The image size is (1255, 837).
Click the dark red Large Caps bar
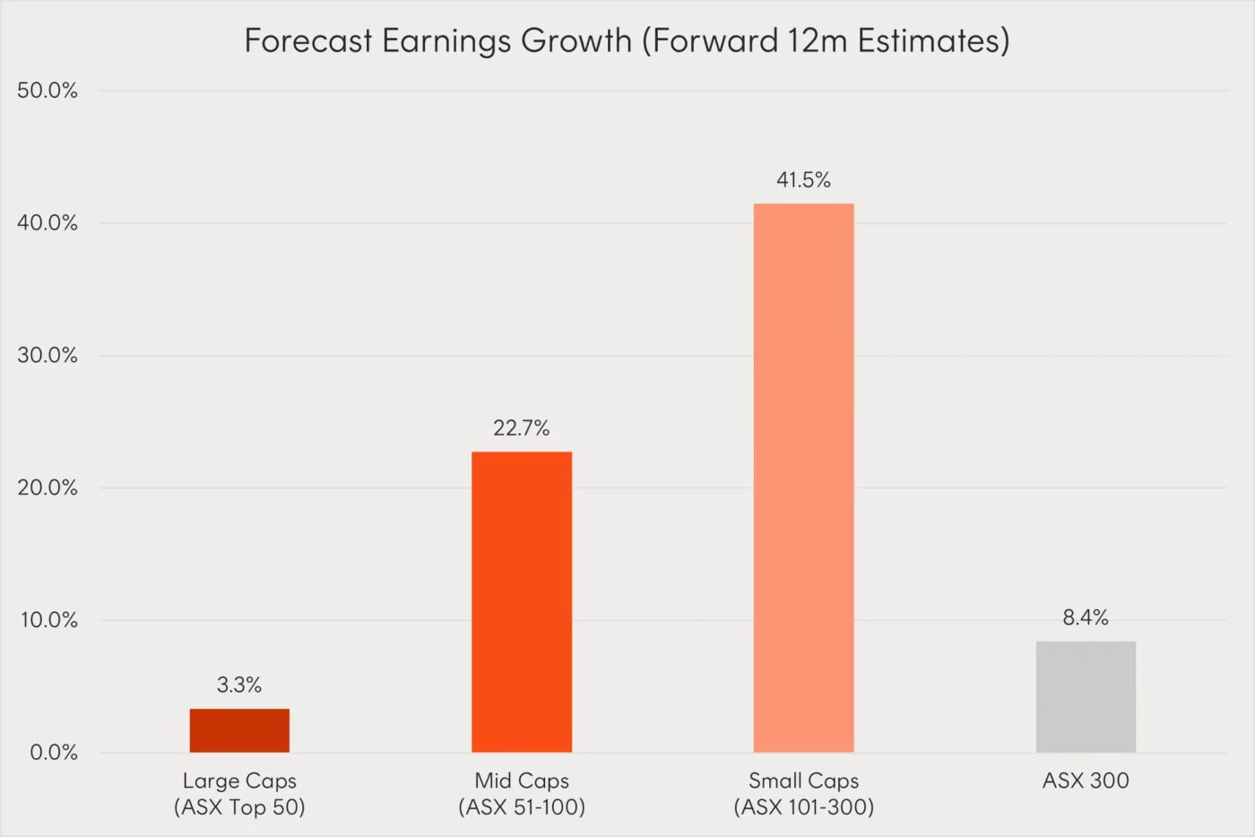(x=239, y=730)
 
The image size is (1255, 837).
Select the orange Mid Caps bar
(x=522, y=601)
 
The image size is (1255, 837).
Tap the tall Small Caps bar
(x=803, y=478)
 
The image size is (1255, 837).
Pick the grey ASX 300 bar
(x=1086, y=696)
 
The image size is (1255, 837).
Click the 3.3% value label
(x=239, y=686)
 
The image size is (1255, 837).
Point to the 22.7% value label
(x=522, y=428)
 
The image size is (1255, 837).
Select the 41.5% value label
(x=803, y=180)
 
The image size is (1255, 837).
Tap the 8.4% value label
(x=1086, y=617)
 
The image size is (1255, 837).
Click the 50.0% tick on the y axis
(x=48, y=91)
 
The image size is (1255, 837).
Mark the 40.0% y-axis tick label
(x=48, y=223)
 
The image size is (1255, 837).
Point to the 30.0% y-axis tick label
(x=48, y=356)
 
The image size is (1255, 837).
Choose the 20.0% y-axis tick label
(x=48, y=488)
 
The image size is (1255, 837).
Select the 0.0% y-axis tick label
(x=54, y=753)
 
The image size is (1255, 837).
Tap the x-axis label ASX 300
(x=1086, y=781)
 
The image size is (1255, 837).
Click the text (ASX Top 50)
(x=239, y=807)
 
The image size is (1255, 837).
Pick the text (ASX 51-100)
(x=522, y=807)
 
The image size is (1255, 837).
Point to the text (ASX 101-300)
(x=803, y=807)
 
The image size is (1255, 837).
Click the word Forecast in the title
(x=307, y=41)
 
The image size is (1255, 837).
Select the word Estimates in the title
(x=932, y=41)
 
